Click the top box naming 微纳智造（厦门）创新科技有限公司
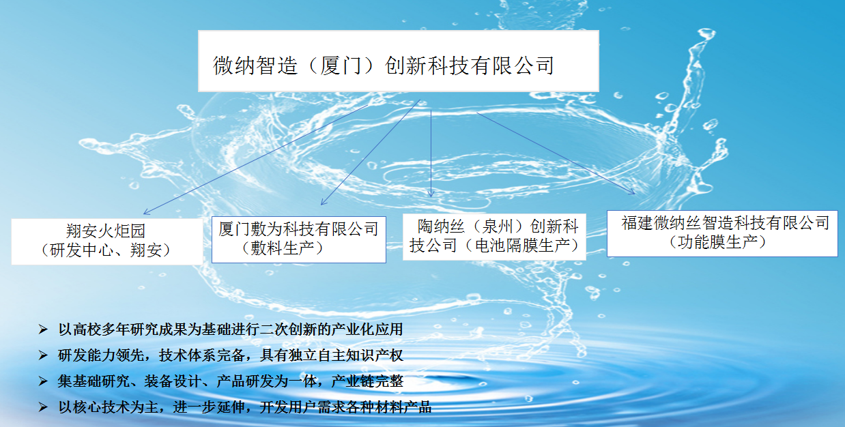click(x=398, y=61)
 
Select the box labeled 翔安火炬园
click(x=106, y=241)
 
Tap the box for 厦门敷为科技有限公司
click(x=298, y=239)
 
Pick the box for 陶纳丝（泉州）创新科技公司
click(x=493, y=235)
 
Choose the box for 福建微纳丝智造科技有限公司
click(x=722, y=233)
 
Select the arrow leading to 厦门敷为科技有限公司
click(x=369, y=153)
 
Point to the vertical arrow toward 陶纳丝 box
click(x=431, y=150)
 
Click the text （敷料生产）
click(x=283, y=248)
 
